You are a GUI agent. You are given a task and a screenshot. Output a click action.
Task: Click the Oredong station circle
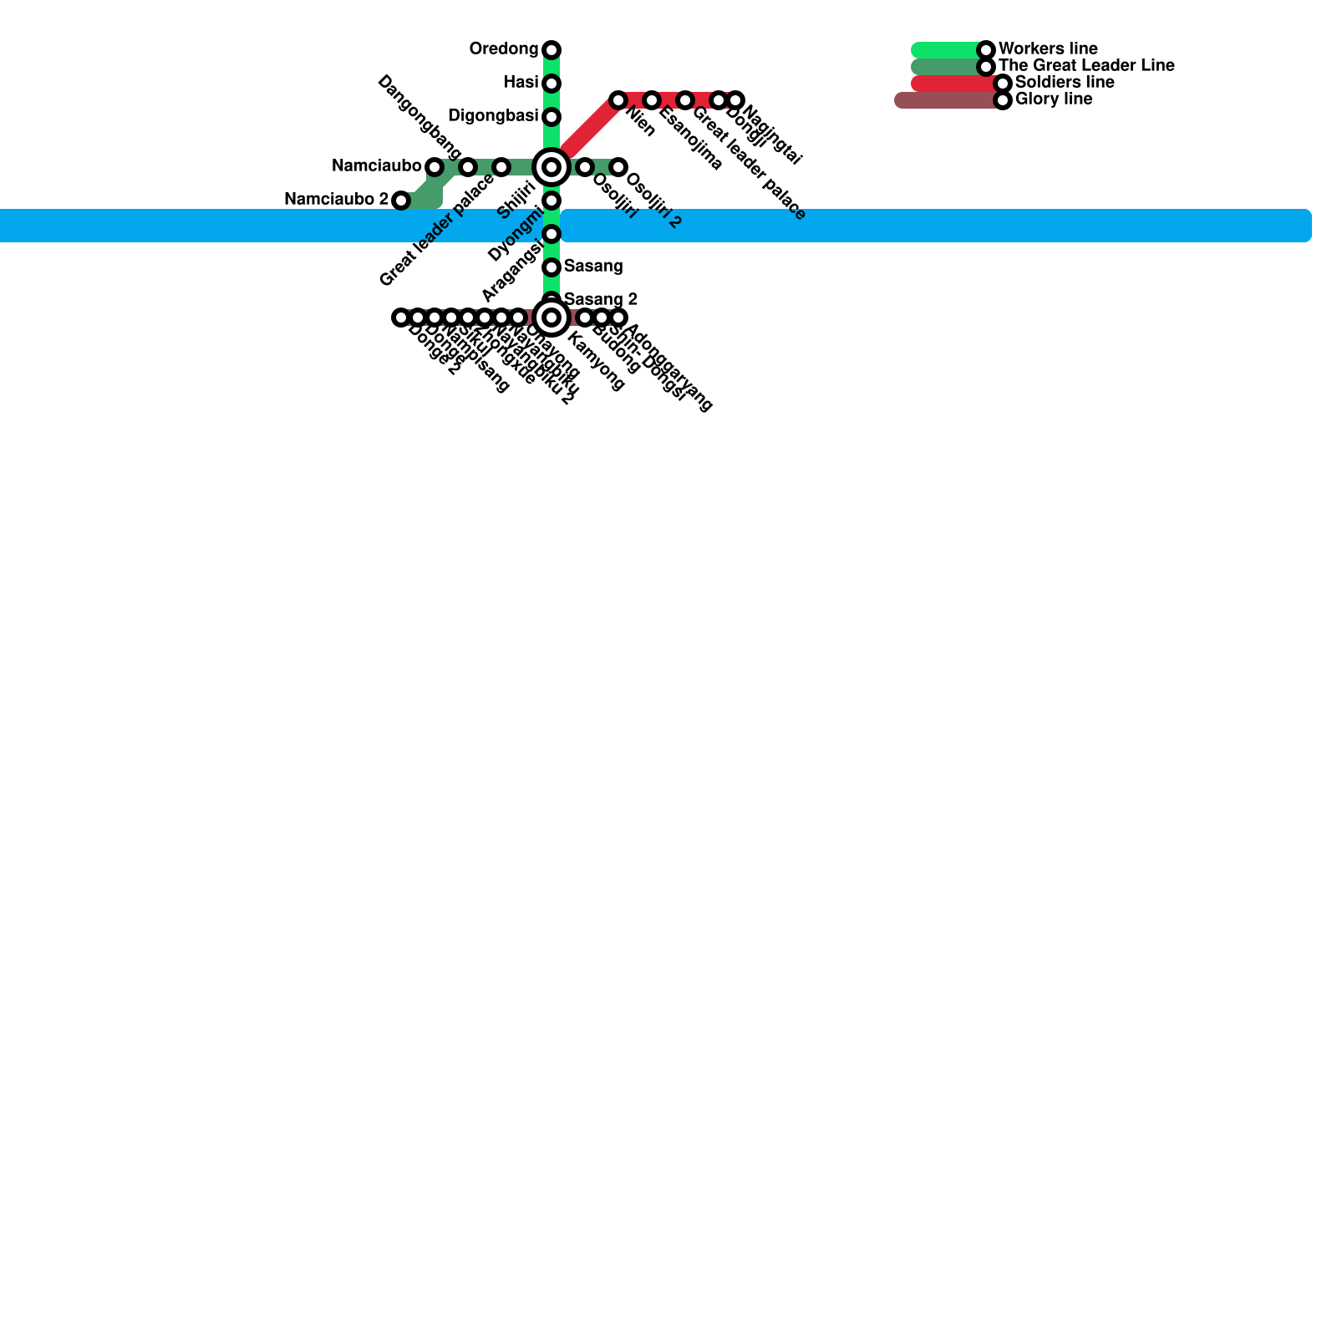[x=552, y=50]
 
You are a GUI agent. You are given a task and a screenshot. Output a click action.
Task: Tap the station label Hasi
[x=521, y=83]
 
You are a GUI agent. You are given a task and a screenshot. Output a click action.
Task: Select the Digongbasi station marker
[x=552, y=117]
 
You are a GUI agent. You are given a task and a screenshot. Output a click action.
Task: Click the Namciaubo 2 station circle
[x=401, y=201]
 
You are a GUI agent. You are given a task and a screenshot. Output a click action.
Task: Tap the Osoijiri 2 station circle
[x=618, y=167]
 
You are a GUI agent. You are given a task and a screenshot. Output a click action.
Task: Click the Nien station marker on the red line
[x=618, y=100]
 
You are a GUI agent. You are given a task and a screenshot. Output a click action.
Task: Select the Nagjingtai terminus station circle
[x=735, y=100]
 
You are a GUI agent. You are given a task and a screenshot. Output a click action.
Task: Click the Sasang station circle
[x=552, y=267]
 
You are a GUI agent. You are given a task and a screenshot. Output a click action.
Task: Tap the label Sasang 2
[x=601, y=299]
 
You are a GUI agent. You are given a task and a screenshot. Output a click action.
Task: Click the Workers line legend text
[x=1048, y=49]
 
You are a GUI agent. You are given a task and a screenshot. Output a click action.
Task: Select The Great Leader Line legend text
[x=1086, y=66]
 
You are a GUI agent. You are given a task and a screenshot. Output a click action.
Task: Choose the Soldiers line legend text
[x=1065, y=83]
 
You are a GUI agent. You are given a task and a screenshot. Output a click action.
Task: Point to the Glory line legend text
[x=1053, y=99]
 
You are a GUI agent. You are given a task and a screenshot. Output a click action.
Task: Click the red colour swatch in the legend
[x=953, y=84]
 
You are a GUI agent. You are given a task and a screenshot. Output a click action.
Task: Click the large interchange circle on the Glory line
[x=552, y=318]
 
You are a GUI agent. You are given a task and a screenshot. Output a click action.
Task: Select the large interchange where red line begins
[x=552, y=167]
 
